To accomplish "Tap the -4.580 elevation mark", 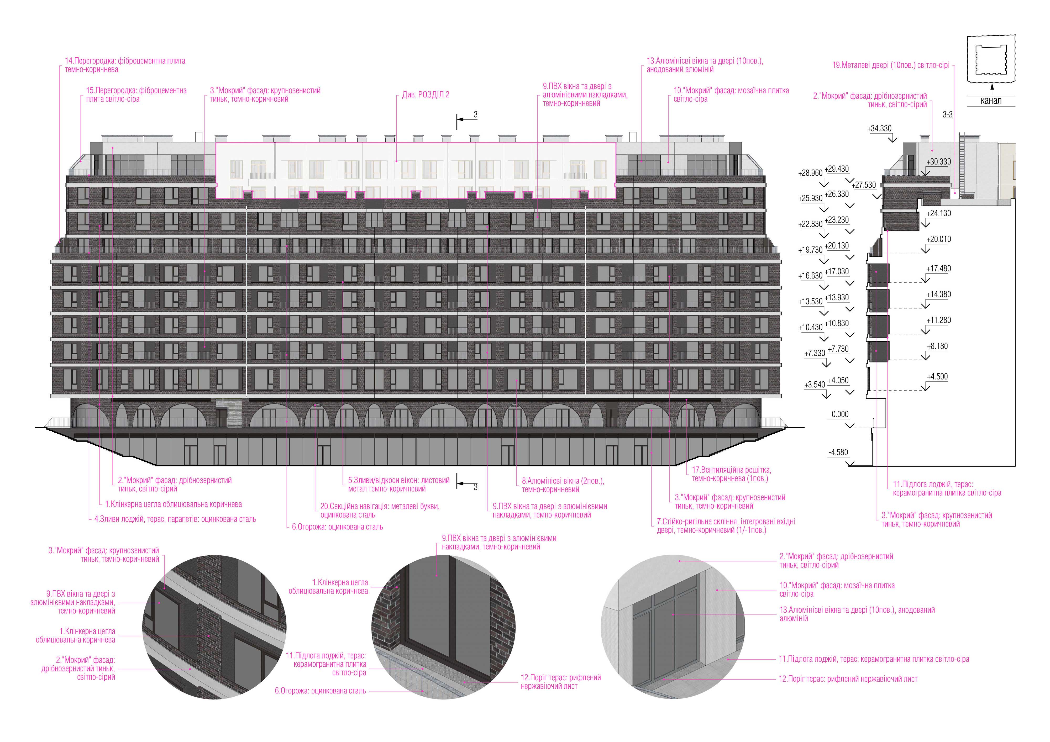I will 838,452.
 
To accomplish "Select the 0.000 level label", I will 840,414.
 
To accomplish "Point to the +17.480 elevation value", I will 938,269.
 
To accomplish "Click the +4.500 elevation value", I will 937,377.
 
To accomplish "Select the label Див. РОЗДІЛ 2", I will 425,95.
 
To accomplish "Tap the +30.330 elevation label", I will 938,162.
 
